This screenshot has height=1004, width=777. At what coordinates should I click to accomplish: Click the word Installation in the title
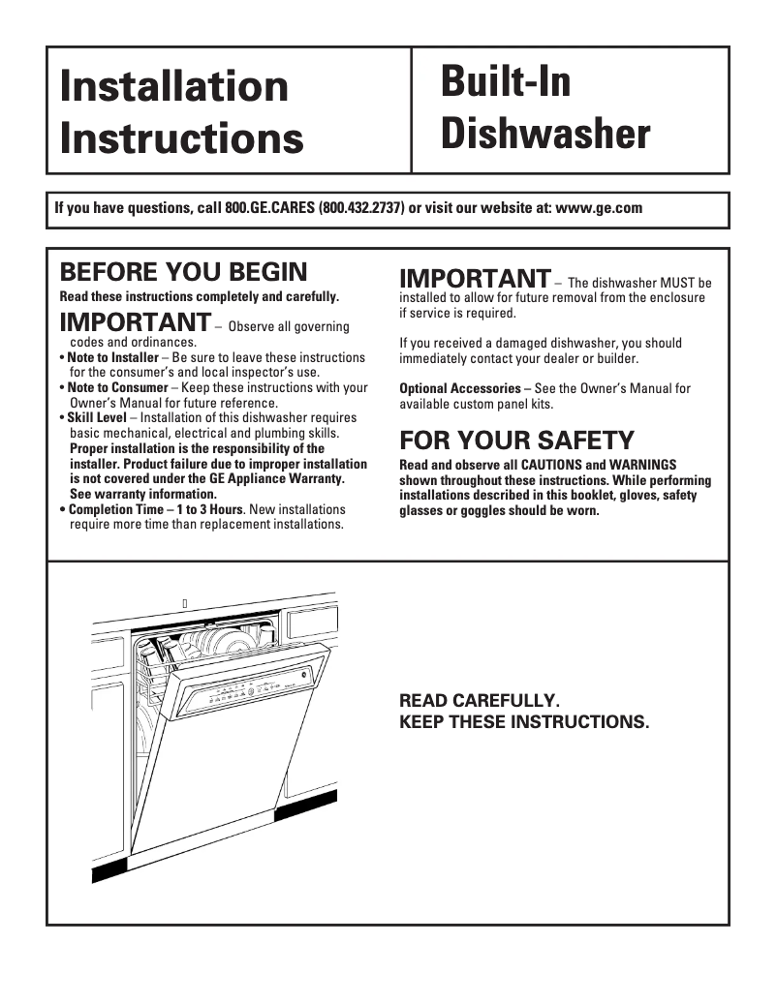[x=174, y=86]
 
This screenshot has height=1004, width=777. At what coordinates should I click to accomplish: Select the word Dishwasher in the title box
[x=545, y=134]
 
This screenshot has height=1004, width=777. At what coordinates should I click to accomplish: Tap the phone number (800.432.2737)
[x=361, y=208]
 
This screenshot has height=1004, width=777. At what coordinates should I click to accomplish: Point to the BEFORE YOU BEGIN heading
[x=183, y=271]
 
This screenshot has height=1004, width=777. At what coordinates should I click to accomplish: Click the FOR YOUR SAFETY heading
[x=516, y=441]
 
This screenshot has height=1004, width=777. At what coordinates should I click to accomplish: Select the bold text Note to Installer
[x=112, y=357]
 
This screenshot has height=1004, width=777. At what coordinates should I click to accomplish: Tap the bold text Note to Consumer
[x=116, y=387]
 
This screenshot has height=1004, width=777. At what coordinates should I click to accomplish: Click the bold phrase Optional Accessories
[x=459, y=388]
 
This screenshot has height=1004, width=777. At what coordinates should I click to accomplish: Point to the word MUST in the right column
[x=664, y=283]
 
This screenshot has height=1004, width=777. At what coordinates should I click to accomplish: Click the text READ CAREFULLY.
[x=480, y=700]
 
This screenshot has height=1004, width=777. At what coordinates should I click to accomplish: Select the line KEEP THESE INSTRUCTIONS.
[x=524, y=723]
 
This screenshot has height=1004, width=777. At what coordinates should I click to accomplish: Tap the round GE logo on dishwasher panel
[x=304, y=675]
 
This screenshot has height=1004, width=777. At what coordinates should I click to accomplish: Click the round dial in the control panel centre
[x=250, y=690]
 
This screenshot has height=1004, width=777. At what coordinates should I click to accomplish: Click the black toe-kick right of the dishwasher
[x=306, y=805]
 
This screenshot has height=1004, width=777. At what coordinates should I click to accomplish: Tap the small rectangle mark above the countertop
[x=184, y=603]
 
